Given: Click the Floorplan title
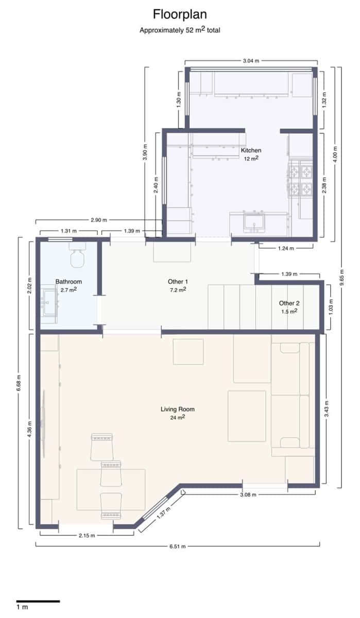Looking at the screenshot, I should coord(180,14).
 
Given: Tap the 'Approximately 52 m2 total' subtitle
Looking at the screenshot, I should coord(180,30).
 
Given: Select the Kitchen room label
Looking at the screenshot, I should coord(251,150).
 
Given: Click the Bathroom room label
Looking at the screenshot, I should coord(68,282).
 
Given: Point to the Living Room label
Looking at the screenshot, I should coord(177,409).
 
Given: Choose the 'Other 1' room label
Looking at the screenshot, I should coord(178,282).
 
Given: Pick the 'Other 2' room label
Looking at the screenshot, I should coord(289,303).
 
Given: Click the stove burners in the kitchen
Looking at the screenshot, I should coord(301,179).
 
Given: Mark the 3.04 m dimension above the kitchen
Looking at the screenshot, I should coord(251,61).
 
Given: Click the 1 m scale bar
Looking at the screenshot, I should coord(38,601).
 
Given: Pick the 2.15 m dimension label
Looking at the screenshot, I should coord(87,535).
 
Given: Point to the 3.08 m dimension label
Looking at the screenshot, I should coord(249,494).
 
